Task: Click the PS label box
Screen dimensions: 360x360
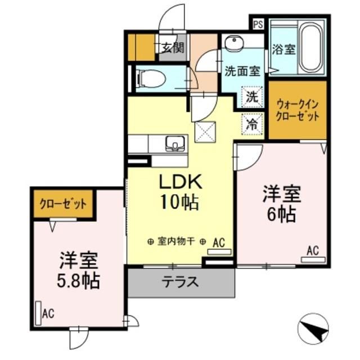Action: tap(258, 25)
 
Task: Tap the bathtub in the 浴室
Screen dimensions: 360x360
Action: tap(310, 48)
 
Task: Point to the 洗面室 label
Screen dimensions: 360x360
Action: tap(242, 71)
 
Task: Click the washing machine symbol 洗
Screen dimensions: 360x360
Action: tap(253, 96)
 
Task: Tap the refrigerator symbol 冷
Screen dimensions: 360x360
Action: tap(253, 125)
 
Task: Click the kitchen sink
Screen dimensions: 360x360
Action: tap(176, 143)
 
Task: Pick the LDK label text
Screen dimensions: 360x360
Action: tap(179, 182)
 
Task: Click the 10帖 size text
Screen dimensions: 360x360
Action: tap(179, 203)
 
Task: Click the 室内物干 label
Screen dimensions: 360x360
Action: tap(176, 242)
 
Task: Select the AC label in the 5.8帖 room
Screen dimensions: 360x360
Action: tap(48, 313)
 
